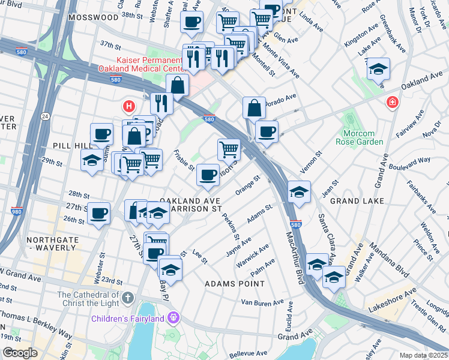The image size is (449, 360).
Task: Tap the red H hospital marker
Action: point(128,107)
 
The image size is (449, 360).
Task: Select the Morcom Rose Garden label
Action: point(363,137)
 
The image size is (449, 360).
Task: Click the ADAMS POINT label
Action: point(234,283)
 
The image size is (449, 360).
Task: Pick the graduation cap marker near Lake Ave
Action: point(378,69)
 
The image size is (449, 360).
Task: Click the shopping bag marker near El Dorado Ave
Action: point(255,108)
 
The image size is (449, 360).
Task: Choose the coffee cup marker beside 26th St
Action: point(98,213)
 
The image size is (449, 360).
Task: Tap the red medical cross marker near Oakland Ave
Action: point(393,103)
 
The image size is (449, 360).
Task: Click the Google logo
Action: point(20,353)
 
